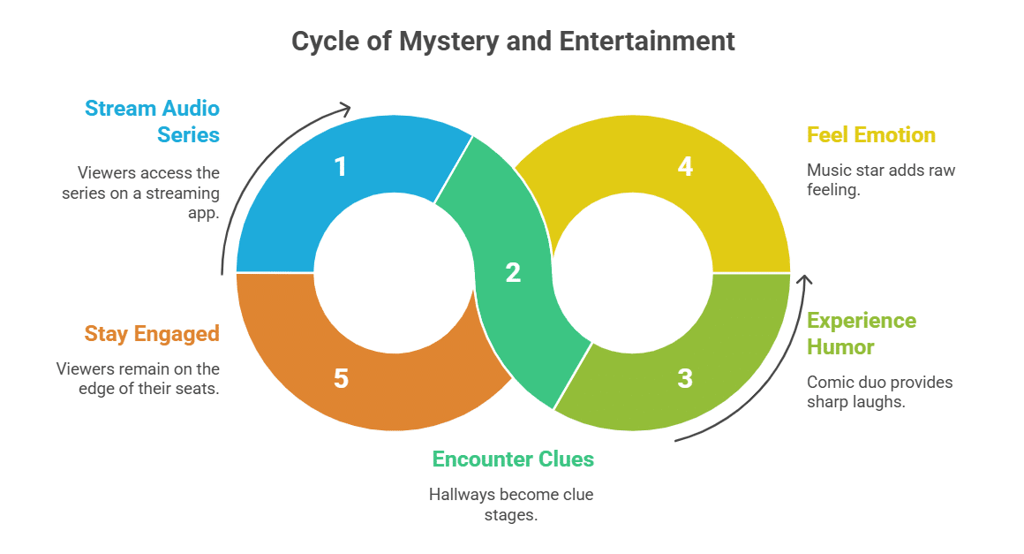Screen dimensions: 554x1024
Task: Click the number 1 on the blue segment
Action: pos(341,166)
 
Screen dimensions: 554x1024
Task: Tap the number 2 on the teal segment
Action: pos(513,273)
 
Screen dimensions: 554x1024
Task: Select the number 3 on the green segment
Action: pos(685,379)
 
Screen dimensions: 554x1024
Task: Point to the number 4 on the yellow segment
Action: pos(685,166)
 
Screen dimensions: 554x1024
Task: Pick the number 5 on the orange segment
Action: pos(341,379)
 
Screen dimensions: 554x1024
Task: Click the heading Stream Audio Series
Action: pos(152,121)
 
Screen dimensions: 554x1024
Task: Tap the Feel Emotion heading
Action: pos(870,135)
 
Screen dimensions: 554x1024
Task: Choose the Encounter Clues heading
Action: pos(512,459)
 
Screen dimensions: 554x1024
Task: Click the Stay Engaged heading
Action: pos(152,334)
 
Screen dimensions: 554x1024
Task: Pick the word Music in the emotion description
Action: pos(828,171)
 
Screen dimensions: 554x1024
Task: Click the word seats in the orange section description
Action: pos(199,388)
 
